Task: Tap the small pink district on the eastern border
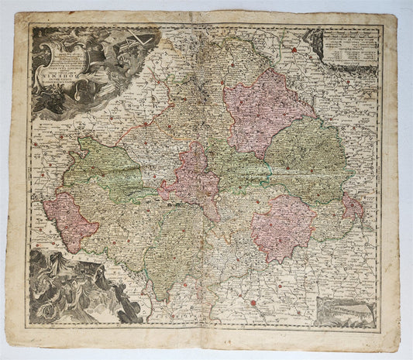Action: click(x=353, y=207)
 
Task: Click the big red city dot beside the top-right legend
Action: click(x=294, y=50)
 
